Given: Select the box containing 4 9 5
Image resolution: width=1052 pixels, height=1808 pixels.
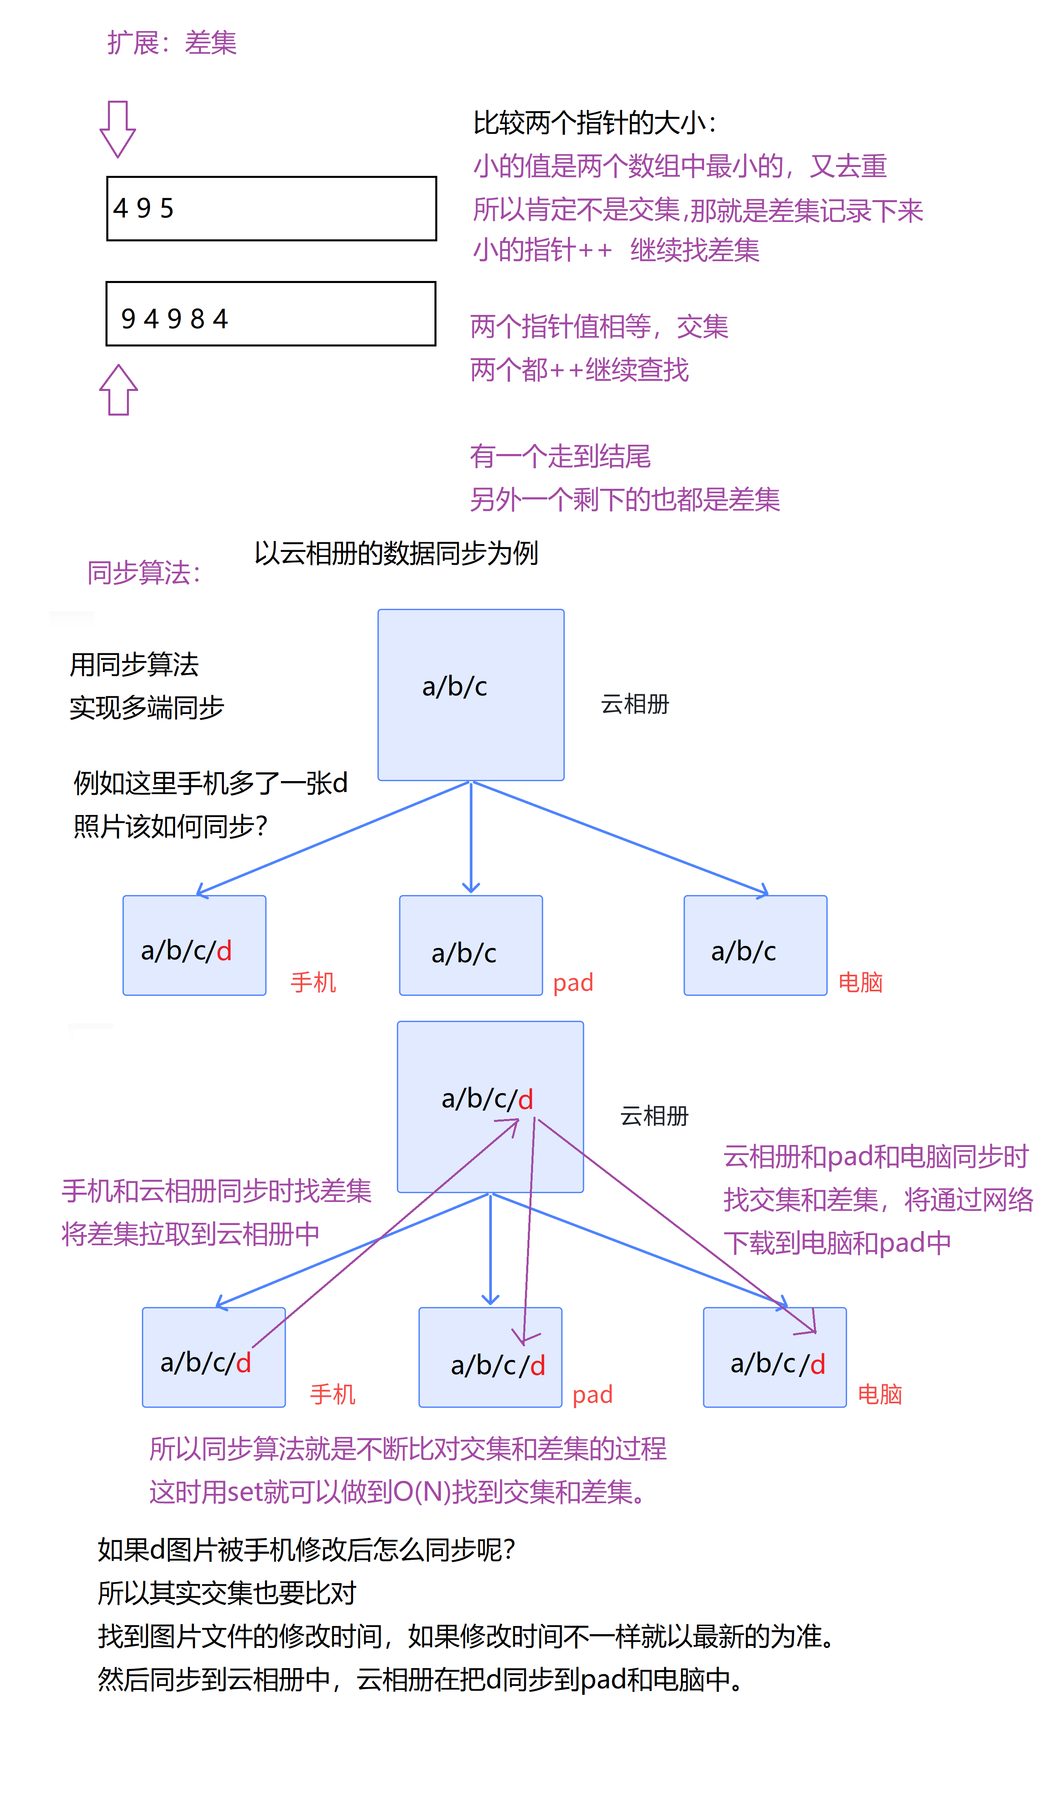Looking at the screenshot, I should [271, 208].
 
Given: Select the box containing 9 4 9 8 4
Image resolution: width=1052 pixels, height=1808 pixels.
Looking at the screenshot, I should [270, 314].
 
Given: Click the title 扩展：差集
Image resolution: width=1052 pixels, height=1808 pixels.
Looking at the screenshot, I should [172, 43].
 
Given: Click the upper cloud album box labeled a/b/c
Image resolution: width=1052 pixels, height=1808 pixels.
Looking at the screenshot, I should [470, 695].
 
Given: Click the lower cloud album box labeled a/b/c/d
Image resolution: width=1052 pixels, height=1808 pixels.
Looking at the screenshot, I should [490, 1106].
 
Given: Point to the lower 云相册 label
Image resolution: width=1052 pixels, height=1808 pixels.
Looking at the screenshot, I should [654, 1116].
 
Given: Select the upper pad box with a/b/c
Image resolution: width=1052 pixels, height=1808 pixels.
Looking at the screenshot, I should [470, 945].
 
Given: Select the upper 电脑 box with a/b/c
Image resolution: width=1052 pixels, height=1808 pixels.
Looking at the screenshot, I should [755, 945].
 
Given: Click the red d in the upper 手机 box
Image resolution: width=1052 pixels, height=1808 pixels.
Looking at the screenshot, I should [224, 950].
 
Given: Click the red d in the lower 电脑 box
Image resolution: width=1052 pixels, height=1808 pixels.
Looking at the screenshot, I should [818, 1364].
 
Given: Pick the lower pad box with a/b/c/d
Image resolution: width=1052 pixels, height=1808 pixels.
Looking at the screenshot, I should [490, 1357].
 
